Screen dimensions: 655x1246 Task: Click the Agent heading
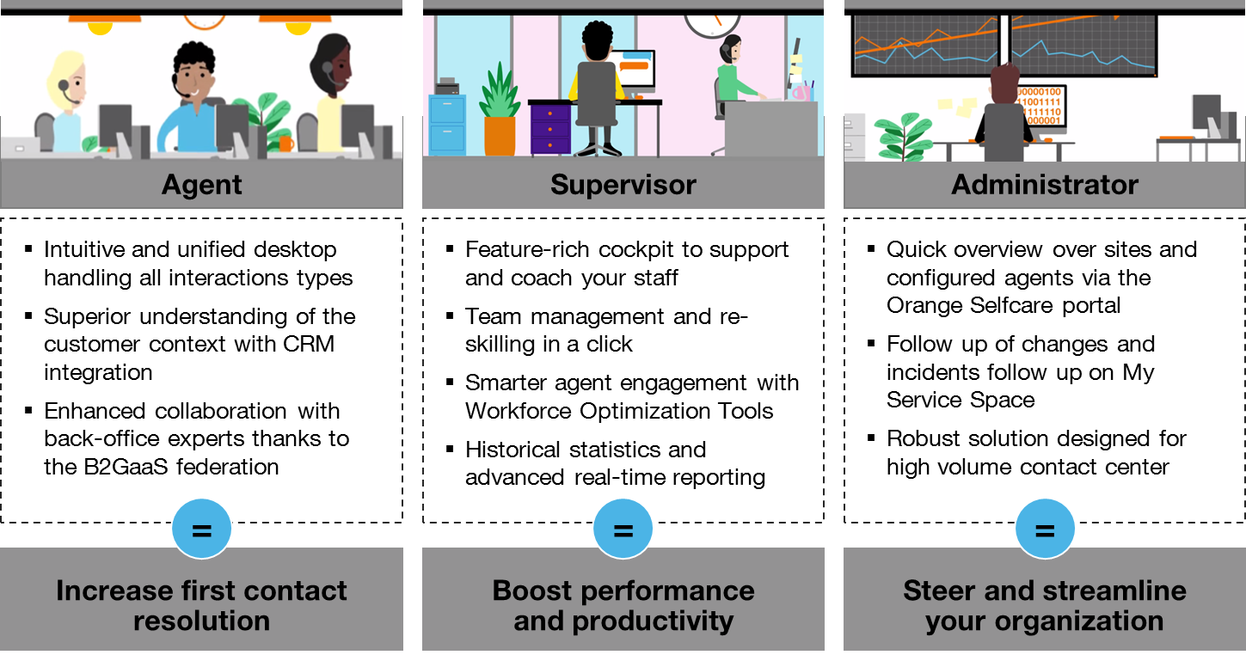202,184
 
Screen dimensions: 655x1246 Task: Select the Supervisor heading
623,184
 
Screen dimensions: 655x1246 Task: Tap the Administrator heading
1045,184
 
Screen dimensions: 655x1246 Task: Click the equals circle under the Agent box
202,530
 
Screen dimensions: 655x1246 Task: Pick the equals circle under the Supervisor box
623,530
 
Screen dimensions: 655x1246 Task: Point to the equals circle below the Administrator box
1045,530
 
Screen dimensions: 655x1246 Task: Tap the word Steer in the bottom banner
937,591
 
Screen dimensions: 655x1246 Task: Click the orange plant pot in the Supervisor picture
500,135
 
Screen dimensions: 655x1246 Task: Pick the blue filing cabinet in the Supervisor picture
447,124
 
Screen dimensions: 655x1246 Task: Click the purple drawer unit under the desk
550,128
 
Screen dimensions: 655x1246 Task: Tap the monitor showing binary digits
1040,107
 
